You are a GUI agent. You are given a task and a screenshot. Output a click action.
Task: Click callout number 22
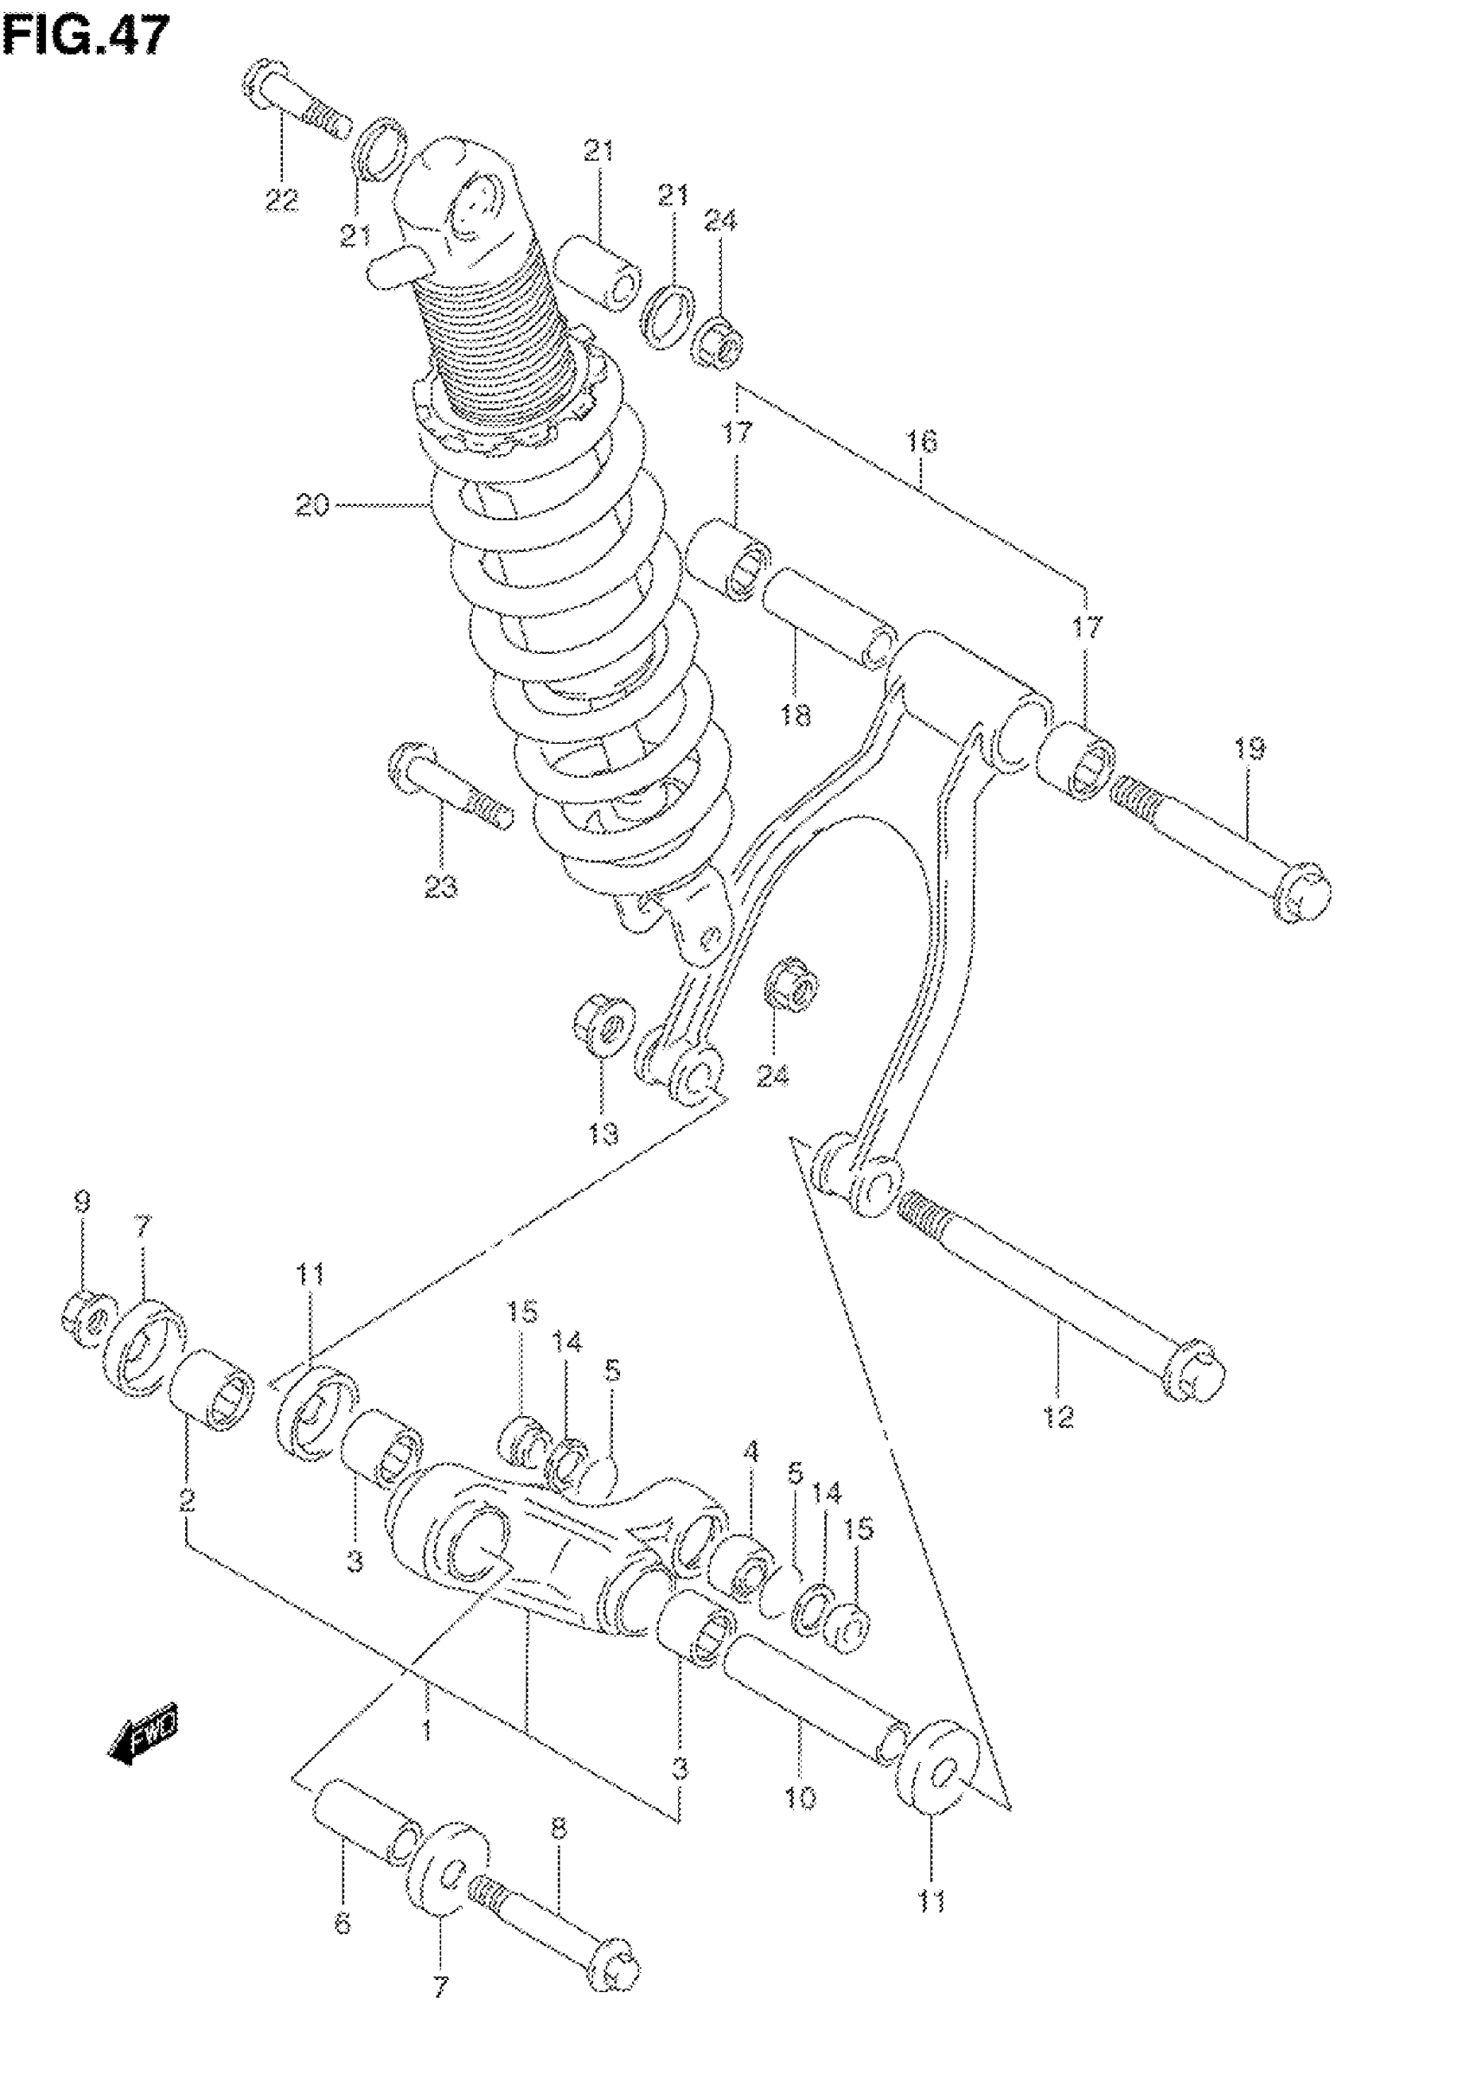click(281, 199)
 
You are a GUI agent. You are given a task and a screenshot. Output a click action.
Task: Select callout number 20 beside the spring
click(312, 505)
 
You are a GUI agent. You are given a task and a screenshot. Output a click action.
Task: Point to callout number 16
click(922, 442)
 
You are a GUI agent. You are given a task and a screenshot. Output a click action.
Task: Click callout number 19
click(1249, 749)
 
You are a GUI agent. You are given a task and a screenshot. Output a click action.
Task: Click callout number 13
click(603, 1135)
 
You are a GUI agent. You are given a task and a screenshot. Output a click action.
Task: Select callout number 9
click(82, 1201)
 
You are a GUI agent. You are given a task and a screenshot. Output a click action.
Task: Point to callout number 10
click(801, 1797)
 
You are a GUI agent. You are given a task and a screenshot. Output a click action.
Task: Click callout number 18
click(795, 716)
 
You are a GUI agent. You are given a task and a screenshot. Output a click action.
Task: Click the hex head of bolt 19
click(1305, 892)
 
